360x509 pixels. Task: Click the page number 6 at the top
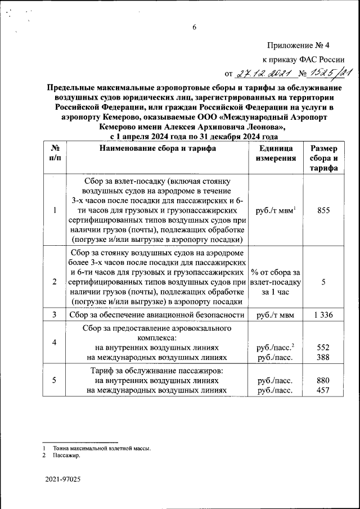tap(194, 27)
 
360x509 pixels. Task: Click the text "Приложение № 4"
tap(305, 46)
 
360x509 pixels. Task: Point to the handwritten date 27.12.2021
tap(260, 73)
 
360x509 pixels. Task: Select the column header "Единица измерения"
tap(276, 154)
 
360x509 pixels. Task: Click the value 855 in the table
tap(323, 210)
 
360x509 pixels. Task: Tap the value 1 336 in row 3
tap(323, 315)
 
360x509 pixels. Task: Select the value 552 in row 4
tap(323, 348)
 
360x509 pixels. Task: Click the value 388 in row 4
tap(323, 357)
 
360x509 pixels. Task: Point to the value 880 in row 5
tap(323, 380)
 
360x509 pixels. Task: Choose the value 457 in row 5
tap(323, 390)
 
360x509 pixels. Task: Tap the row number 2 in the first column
tap(55, 282)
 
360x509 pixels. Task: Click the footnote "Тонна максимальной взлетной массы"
tap(102, 448)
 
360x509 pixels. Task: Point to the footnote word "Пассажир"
tap(66, 456)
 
